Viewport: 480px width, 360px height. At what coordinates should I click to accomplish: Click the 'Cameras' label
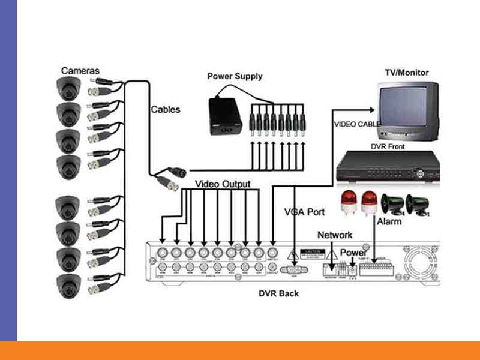pos(80,71)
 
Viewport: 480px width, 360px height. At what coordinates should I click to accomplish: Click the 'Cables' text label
pos(165,110)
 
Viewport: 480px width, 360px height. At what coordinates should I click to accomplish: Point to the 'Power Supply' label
pos(235,76)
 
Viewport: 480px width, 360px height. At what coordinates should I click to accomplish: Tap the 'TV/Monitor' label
pos(406,73)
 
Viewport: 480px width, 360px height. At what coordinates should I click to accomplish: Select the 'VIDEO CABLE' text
pos(356,124)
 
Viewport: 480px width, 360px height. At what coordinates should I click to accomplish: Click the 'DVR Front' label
pos(387,146)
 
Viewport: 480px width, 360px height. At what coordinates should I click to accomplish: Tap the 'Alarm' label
pos(389,222)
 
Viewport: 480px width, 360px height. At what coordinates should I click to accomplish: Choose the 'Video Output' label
pos(223,184)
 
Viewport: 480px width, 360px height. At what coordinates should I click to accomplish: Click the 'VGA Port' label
pos(304,212)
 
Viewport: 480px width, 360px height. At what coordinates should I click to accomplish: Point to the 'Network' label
pos(335,235)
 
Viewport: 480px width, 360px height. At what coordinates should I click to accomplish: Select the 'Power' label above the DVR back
pos(353,253)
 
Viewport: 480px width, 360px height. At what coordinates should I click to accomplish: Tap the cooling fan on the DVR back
pos(423,266)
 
